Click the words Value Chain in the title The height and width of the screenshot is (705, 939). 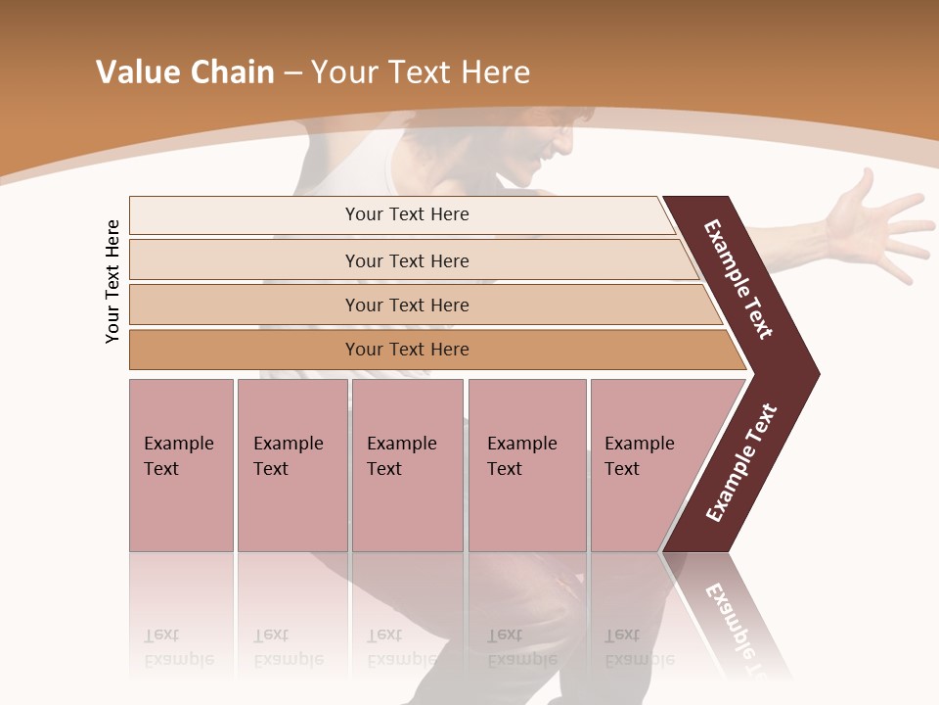185,72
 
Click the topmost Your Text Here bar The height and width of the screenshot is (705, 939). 406,214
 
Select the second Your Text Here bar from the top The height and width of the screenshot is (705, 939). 406,260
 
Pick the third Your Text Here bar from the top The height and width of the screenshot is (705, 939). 406,305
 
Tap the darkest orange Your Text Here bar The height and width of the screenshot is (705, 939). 406,350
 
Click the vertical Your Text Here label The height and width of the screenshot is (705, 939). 112,281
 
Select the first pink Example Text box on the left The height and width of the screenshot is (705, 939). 181,465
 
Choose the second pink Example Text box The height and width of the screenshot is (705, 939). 291,465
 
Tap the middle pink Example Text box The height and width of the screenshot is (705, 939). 407,465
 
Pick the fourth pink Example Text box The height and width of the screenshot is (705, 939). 527,465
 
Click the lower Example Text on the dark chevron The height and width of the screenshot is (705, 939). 741,462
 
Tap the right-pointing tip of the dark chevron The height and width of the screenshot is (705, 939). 814,373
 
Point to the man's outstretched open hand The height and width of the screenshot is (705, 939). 866,230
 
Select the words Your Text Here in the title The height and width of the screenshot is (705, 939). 421,72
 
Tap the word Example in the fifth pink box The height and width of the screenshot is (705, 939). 639,444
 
